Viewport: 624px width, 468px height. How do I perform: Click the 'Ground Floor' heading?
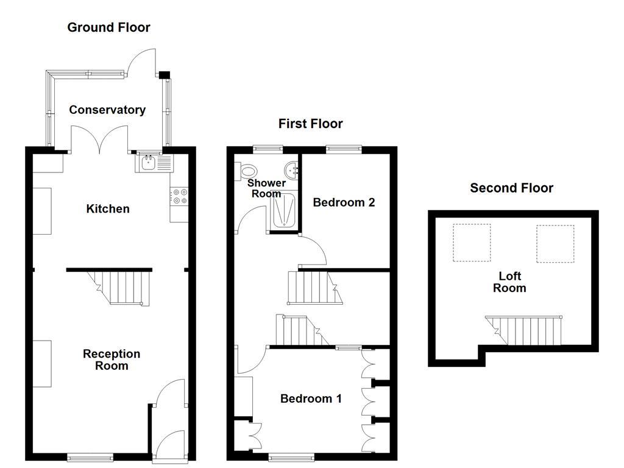click(x=108, y=27)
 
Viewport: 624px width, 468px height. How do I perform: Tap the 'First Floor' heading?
click(x=310, y=124)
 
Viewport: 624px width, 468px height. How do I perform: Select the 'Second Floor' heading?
click(x=511, y=188)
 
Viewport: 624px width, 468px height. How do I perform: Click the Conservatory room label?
click(x=107, y=110)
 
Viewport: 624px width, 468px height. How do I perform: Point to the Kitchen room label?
click(x=108, y=209)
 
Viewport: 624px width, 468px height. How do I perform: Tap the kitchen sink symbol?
click(x=154, y=163)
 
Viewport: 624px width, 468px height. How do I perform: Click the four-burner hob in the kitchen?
click(x=180, y=196)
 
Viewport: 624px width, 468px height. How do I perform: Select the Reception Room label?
click(x=112, y=360)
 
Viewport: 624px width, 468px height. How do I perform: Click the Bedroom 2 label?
click(x=344, y=202)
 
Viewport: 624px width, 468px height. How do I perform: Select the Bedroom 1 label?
click(x=311, y=399)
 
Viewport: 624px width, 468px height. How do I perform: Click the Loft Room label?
click(x=509, y=282)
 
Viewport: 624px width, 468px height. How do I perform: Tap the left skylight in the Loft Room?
click(x=472, y=243)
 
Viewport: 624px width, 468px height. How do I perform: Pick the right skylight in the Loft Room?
click(x=555, y=243)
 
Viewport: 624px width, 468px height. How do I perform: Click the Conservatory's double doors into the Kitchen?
click(x=100, y=139)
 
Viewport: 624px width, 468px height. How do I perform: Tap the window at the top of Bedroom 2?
click(x=344, y=148)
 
